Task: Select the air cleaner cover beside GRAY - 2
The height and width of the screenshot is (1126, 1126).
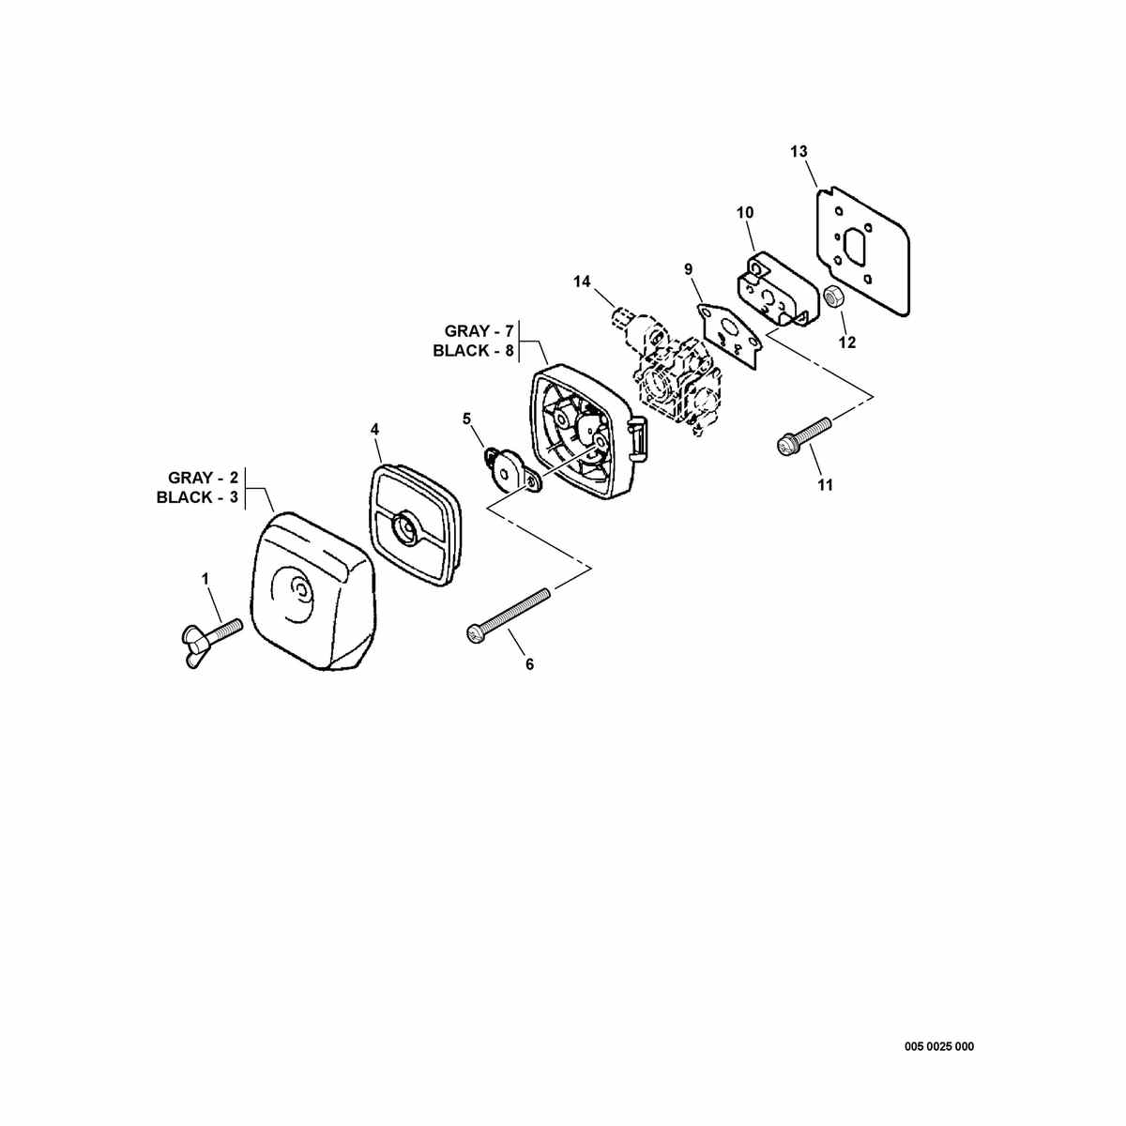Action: tap(313, 591)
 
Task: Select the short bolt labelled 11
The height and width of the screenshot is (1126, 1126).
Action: tap(803, 435)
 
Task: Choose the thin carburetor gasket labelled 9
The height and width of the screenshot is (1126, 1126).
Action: tap(731, 336)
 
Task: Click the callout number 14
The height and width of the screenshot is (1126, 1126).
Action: tap(582, 281)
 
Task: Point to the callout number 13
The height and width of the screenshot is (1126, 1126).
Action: tap(799, 151)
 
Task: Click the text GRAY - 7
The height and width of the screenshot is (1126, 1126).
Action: tap(479, 331)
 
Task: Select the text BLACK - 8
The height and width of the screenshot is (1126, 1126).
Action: tap(473, 351)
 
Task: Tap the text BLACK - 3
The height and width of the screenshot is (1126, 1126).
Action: tap(197, 497)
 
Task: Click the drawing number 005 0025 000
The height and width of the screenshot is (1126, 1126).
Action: tap(939, 997)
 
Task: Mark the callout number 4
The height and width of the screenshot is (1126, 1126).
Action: tap(374, 430)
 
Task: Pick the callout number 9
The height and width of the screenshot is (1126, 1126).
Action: tap(689, 269)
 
